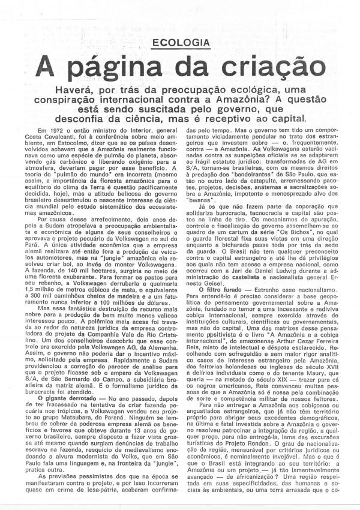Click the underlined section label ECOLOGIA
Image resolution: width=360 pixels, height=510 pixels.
click(182, 43)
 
